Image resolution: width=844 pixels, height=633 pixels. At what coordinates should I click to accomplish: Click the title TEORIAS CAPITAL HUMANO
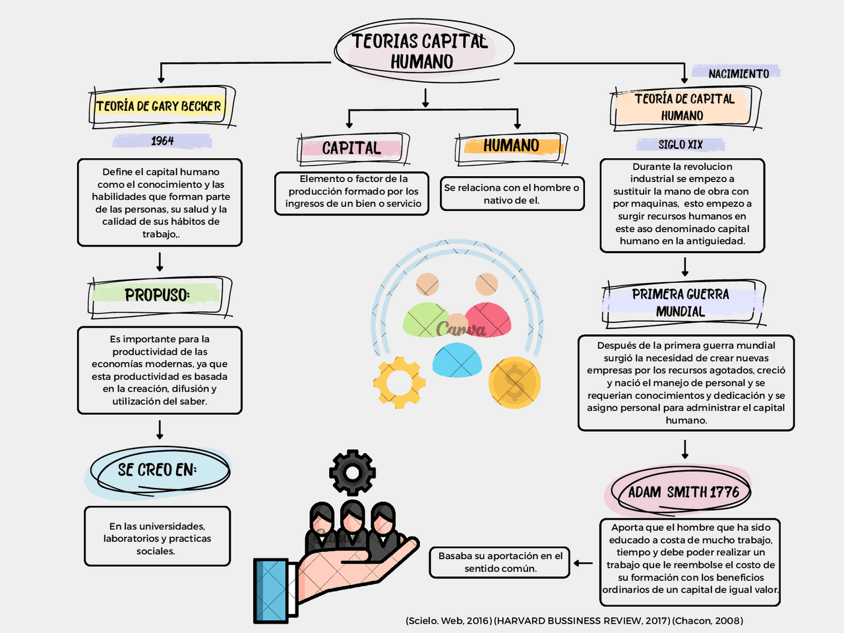pos(422,51)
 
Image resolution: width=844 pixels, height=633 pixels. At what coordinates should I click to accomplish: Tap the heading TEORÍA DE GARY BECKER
pos(159,106)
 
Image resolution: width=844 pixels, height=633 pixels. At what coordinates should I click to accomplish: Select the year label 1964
pos(162,141)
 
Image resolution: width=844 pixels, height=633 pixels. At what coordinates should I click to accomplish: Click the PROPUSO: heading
pos(157,295)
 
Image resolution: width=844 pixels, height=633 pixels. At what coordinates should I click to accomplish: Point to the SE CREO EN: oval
pos(158,470)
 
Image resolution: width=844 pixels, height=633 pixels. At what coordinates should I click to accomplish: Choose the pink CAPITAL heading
pos(351,148)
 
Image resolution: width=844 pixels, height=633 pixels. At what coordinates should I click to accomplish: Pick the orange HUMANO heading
pos(511,146)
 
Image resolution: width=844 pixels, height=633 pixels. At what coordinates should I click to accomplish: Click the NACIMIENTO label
pos(738,74)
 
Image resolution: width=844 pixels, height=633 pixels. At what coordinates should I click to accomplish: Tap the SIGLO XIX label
pos(680,145)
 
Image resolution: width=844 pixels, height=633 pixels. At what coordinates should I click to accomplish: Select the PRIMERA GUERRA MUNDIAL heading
pos(680,303)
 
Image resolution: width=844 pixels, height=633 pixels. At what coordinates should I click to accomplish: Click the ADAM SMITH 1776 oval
pos(683,492)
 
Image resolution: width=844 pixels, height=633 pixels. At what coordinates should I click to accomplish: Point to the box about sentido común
pos(500,562)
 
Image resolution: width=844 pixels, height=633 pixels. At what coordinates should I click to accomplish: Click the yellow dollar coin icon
pos(514,383)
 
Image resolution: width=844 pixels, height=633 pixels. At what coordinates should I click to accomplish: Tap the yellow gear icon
pos(399,382)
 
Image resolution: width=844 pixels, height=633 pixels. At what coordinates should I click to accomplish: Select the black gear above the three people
pos(352,472)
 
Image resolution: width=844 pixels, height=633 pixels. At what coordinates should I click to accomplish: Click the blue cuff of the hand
pos(271,590)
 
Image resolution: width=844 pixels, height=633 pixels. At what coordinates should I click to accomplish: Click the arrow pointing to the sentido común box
pos(583,563)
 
